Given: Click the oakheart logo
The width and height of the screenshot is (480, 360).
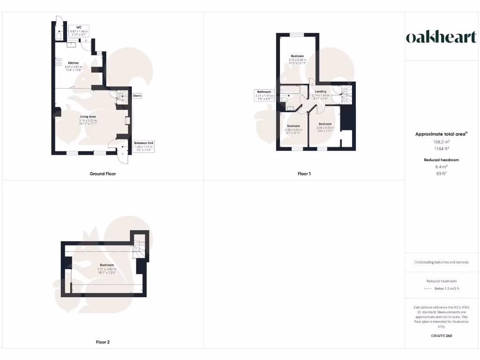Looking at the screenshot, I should (x=441, y=37).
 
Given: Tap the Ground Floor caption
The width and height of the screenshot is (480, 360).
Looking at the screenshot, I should (x=103, y=174).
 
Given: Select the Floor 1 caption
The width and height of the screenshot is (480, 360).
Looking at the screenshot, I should (x=304, y=174).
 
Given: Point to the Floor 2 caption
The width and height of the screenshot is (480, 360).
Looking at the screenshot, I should (x=103, y=342).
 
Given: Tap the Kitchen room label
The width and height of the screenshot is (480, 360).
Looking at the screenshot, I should (x=74, y=63).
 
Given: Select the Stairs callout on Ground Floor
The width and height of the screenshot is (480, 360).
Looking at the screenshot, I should (x=137, y=96).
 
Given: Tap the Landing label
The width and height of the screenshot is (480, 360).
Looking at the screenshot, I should (x=321, y=91).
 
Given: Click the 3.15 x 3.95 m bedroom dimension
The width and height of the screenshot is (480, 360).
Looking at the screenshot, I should (x=297, y=60).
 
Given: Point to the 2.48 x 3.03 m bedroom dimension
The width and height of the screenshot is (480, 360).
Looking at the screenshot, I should (x=293, y=129).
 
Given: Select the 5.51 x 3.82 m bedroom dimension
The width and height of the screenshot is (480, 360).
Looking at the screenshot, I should (x=106, y=269).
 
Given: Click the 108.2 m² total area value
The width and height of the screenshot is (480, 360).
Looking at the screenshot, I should (x=441, y=141).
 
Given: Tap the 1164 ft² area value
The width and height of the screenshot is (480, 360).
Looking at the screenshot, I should (x=441, y=149).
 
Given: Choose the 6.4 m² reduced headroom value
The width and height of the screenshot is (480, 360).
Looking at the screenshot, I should (x=441, y=166).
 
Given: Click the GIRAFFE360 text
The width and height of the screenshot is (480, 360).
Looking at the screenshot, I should (x=441, y=336).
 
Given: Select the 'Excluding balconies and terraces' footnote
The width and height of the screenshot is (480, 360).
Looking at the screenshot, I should (x=441, y=262).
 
